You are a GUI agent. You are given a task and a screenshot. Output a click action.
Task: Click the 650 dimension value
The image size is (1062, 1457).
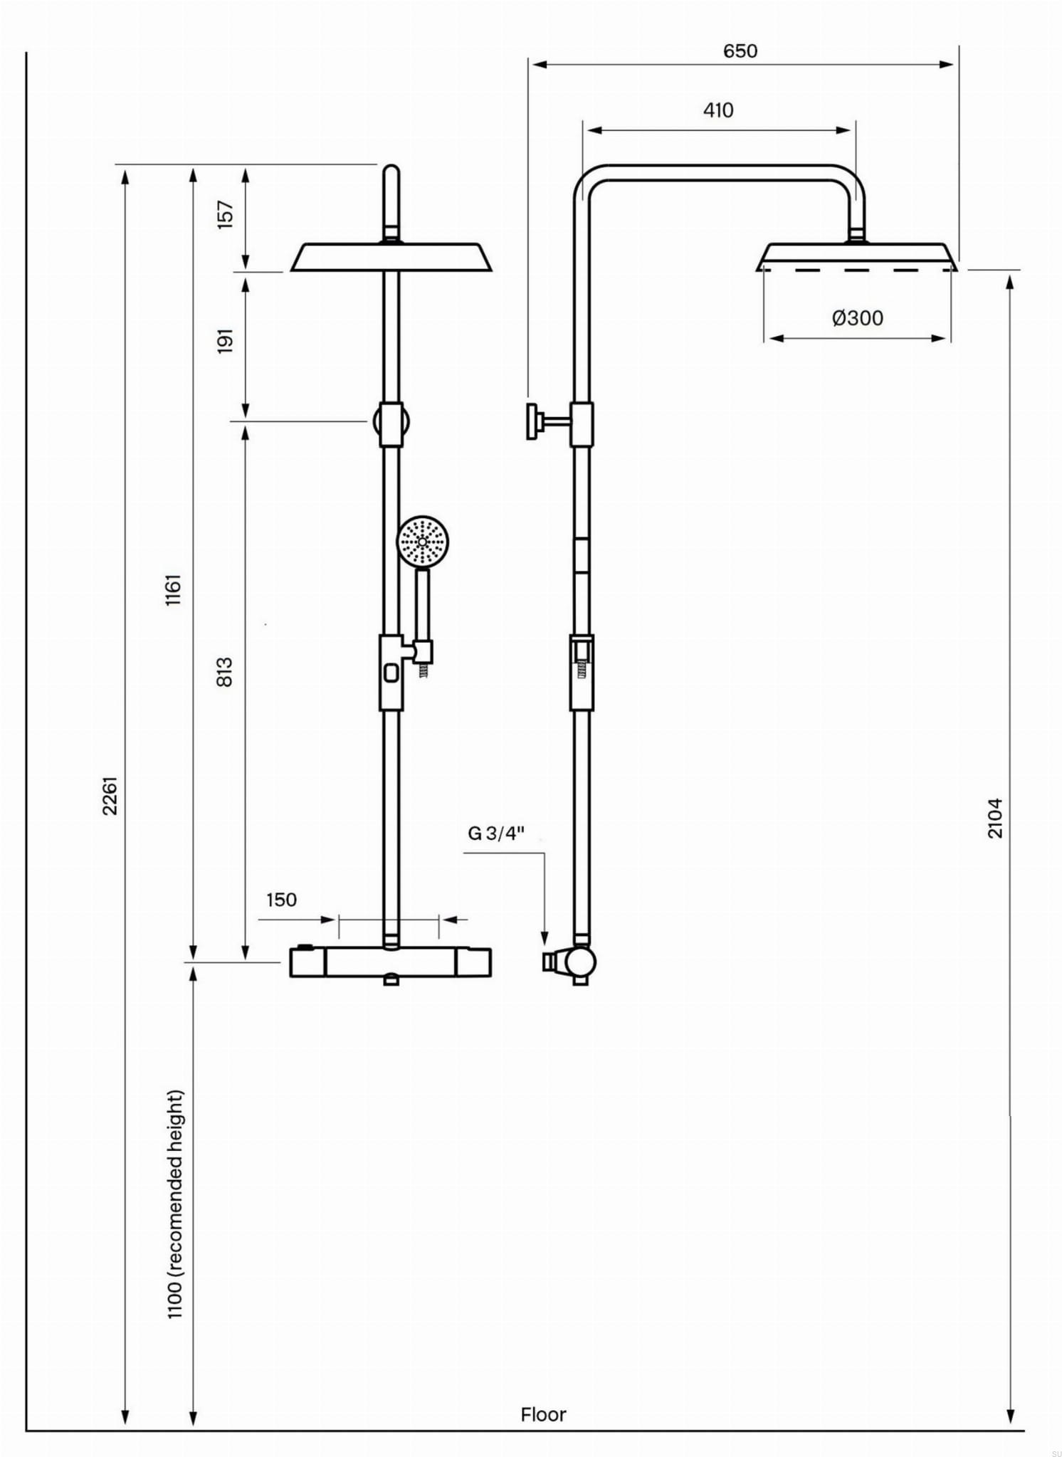740,51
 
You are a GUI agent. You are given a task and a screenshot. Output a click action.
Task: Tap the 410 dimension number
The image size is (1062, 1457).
718,110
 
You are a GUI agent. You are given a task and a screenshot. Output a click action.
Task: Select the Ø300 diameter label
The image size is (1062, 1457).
858,317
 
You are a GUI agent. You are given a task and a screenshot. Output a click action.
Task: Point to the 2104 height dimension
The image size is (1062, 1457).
995,818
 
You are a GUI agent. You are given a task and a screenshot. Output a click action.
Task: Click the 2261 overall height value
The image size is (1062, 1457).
110,795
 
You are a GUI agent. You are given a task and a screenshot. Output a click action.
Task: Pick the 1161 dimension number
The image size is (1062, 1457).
174,589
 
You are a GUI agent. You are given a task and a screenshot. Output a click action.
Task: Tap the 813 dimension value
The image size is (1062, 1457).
224,672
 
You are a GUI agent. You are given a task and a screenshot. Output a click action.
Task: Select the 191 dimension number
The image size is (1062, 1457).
225,341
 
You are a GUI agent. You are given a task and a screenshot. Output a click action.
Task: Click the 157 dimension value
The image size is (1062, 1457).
225,214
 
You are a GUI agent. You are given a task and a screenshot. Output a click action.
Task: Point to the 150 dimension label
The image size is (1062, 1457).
281,900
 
